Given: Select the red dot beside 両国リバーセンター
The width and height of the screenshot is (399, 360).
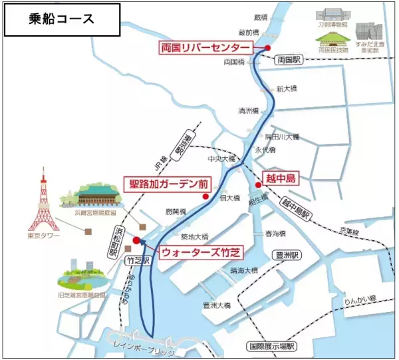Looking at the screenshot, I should coord(267,48).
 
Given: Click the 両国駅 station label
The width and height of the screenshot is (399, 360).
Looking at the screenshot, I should coord(289,60).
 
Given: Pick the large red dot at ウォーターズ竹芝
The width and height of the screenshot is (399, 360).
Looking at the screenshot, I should coord(136,241).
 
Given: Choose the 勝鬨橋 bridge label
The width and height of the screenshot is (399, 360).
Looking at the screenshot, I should coord(174,212).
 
